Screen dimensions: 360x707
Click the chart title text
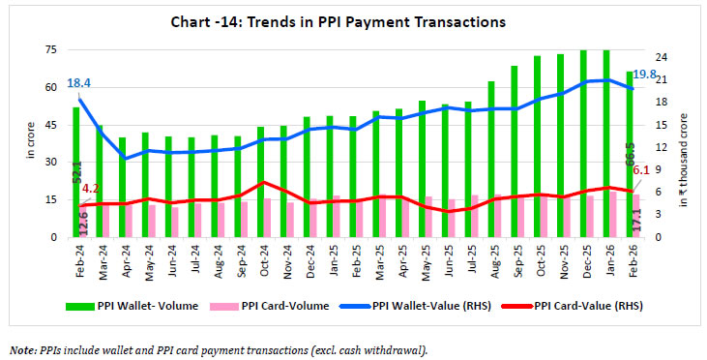pos(353,21)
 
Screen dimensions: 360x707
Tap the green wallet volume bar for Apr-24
pos(122,186)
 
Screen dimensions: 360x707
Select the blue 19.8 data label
pos(646,75)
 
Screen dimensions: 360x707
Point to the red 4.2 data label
pos(91,189)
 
